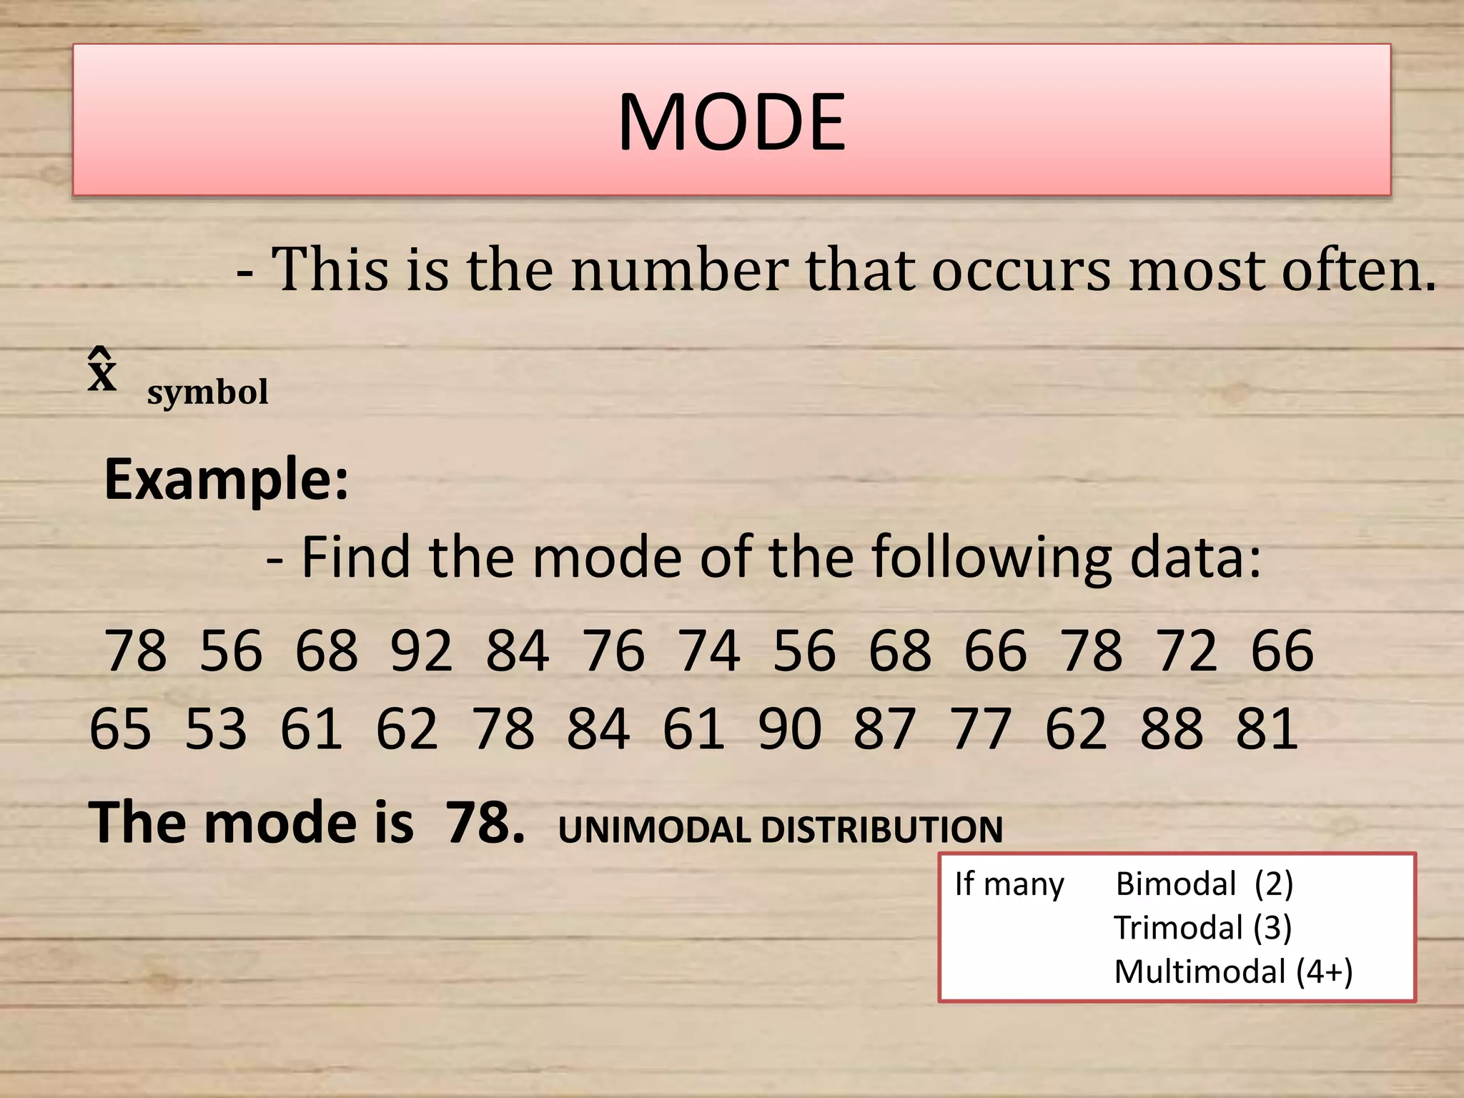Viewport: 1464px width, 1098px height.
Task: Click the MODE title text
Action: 731,122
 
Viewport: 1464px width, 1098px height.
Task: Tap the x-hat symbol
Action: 102,371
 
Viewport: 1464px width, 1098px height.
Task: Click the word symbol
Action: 207,392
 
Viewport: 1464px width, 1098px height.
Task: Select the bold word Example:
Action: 227,479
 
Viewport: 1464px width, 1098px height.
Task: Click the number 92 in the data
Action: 422,651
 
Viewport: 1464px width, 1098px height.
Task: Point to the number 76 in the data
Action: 613,651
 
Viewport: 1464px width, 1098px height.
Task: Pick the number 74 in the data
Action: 709,651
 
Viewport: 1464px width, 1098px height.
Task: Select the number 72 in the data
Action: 1187,651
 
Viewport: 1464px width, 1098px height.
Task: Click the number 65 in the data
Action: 120,728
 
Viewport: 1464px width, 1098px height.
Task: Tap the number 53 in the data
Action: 216,728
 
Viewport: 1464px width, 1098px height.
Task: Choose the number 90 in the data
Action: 789,728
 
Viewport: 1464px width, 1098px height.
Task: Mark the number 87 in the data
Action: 885,728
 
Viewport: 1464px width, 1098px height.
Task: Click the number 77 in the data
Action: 981,728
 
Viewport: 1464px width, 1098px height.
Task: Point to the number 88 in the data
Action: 1172,728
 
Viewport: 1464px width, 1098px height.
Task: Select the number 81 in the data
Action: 1267,728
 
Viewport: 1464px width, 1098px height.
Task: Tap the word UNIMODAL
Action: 653,830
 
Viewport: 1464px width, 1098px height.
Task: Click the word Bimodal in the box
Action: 1176,884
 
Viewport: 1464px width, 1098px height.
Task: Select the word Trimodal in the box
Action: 1179,928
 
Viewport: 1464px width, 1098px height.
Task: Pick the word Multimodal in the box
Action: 1200,972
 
